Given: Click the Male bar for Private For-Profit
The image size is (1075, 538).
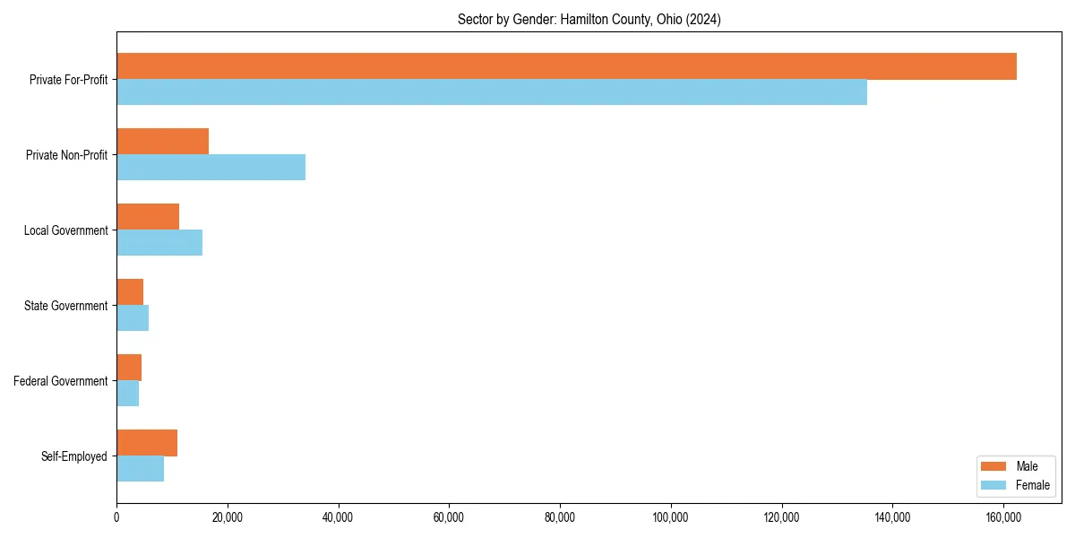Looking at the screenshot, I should pyautogui.click(x=566, y=66).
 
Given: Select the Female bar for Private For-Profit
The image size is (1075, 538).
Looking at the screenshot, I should pyautogui.click(x=492, y=92).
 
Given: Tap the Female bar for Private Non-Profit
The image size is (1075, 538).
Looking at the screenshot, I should pyautogui.click(x=211, y=168).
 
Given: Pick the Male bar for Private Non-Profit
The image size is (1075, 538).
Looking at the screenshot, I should pyautogui.click(x=162, y=142).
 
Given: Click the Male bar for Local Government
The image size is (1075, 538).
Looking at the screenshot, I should pyautogui.click(x=148, y=217).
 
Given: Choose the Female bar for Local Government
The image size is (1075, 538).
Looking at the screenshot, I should pyautogui.click(x=159, y=243).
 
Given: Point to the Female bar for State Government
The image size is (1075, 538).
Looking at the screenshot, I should pyautogui.click(x=133, y=318).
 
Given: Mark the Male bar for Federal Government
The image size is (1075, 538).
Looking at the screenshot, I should pyautogui.click(x=129, y=368).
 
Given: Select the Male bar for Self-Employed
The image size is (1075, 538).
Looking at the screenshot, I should pyautogui.click(x=147, y=443).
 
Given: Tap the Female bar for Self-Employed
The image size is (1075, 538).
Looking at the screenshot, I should pyautogui.click(x=140, y=469).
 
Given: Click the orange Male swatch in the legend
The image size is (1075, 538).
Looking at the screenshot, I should pyautogui.click(x=994, y=466).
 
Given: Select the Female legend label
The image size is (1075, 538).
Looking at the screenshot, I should pyautogui.click(x=1032, y=485).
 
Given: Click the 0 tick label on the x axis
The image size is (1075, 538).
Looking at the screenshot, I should pyautogui.click(x=116, y=517).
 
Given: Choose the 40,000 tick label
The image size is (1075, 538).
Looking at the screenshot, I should pyautogui.click(x=338, y=517).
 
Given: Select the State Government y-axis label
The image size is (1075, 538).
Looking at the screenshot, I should pyautogui.click(x=65, y=306).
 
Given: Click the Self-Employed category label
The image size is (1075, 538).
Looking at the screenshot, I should pyautogui.click(x=73, y=456).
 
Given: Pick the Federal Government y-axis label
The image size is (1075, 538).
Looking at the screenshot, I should pyautogui.click(x=61, y=381).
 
